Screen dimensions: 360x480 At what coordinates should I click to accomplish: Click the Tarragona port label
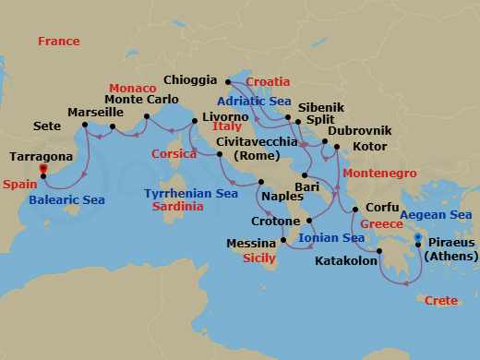(41, 158)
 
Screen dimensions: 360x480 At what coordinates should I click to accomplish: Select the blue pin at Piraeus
(419, 239)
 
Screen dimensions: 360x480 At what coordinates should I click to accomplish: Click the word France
(59, 42)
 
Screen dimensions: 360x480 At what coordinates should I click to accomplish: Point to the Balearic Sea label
(66, 199)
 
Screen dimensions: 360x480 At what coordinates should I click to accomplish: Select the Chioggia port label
(189, 80)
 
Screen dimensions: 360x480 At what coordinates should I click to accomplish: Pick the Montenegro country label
(376, 174)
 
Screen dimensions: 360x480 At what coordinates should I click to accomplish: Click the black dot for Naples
(261, 182)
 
